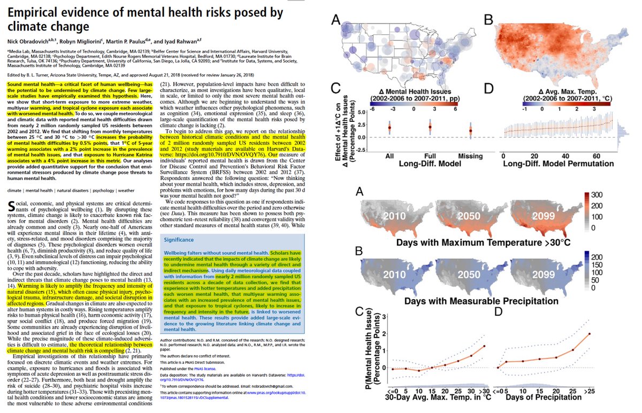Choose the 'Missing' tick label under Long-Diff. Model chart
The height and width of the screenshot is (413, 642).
coord(471,156)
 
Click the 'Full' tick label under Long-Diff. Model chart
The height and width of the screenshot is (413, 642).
coord(430,156)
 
